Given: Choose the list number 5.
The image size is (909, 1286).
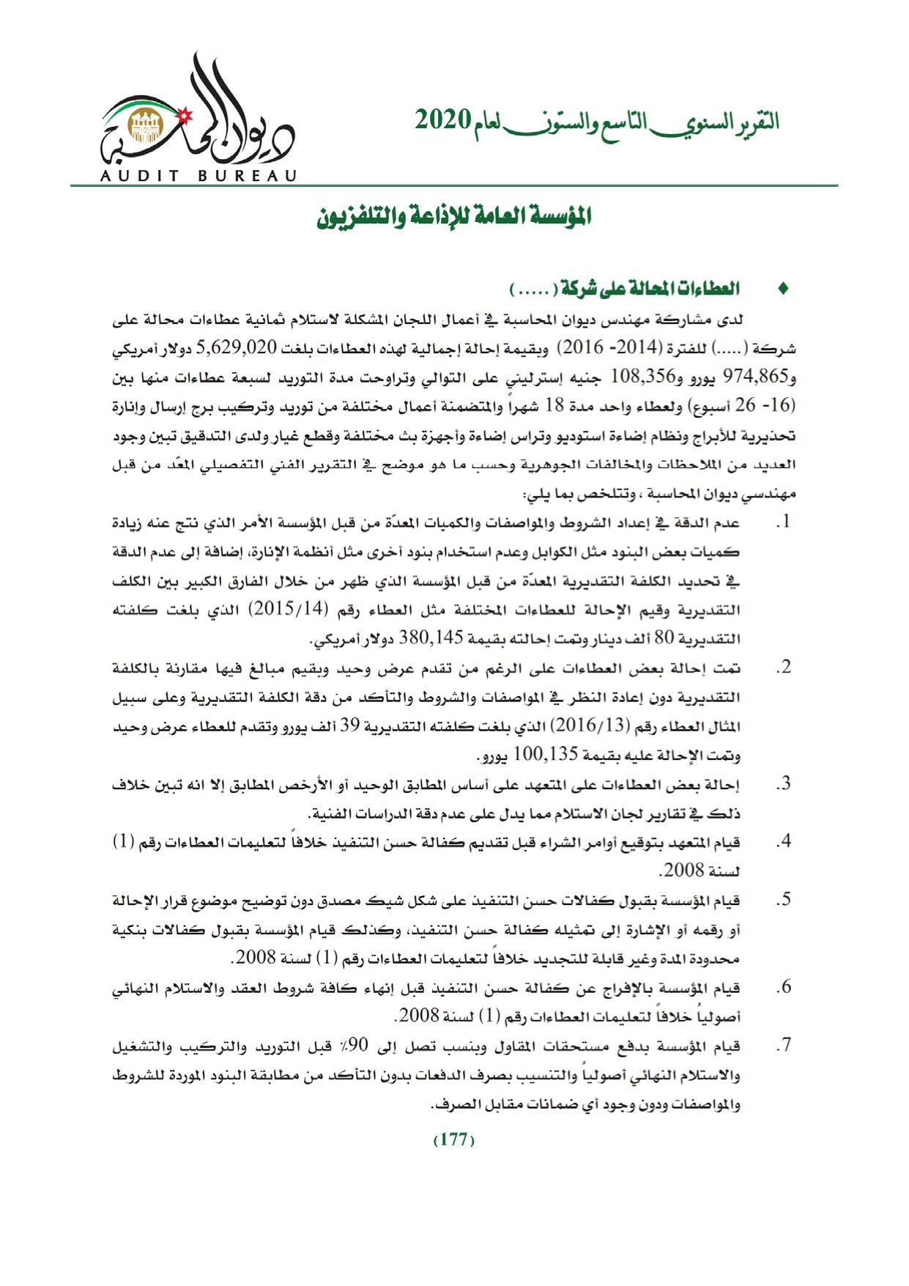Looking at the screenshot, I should (x=784, y=900).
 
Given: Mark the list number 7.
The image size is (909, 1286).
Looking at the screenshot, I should (x=784, y=1046).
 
